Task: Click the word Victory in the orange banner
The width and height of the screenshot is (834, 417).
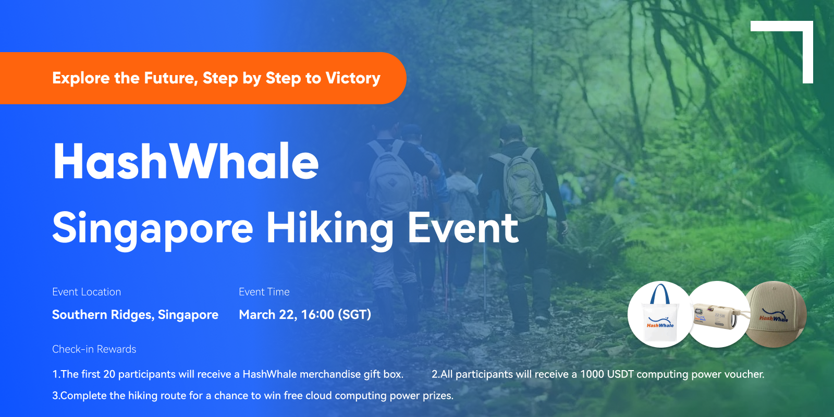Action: point(353,78)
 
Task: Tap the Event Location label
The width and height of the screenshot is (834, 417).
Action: point(87,292)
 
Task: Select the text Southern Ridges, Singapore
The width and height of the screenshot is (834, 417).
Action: point(135,315)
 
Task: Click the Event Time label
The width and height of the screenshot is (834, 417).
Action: point(264,292)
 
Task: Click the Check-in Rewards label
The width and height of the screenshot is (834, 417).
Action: point(94,349)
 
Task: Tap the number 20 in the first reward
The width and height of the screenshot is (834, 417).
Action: point(109,374)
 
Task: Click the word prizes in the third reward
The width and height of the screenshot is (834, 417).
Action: point(438,396)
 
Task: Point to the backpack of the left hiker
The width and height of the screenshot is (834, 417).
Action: point(391,179)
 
